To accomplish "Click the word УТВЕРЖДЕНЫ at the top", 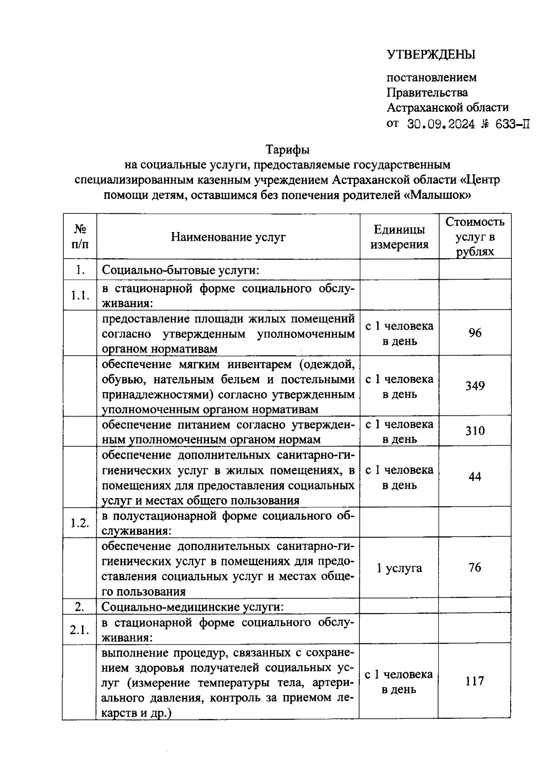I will pyautogui.click(x=431, y=54).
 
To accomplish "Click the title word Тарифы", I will pyautogui.click(x=287, y=150).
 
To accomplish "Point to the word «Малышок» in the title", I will pyautogui.click(x=440, y=195).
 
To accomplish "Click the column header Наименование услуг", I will pyautogui.click(x=228, y=237).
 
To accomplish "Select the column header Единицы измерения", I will pyautogui.click(x=399, y=237).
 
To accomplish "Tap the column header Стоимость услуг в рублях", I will pyautogui.click(x=475, y=237).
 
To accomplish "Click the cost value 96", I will pyautogui.click(x=475, y=333).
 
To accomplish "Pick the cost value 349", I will pyautogui.click(x=475, y=386).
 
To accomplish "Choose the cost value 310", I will pyautogui.click(x=475, y=431).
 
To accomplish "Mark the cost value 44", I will pyautogui.click(x=475, y=477).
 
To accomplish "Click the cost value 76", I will pyautogui.click(x=475, y=568).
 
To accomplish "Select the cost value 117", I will pyautogui.click(x=474, y=681).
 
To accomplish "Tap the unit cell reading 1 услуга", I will pyautogui.click(x=399, y=568).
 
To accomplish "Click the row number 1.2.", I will pyautogui.click(x=80, y=523).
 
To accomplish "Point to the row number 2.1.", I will pyautogui.click(x=79, y=630).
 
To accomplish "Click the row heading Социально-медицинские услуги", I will pyautogui.click(x=192, y=607).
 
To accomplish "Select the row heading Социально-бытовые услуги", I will pyautogui.click(x=181, y=270).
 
